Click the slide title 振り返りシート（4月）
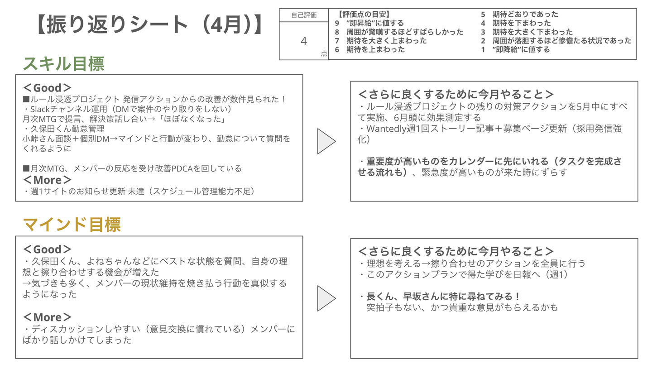pos(149,25)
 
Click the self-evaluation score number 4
pos(303,41)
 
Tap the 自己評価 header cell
pos(303,15)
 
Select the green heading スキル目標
pos(64,64)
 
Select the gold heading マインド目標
pos(72,225)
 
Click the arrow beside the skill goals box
pos(326,141)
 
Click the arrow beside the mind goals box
pos(326,298)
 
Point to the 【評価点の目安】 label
pos(364,14)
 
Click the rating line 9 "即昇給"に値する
pos(369,23)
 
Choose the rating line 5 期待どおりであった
pos(519,14)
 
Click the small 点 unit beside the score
pos(324,53)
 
